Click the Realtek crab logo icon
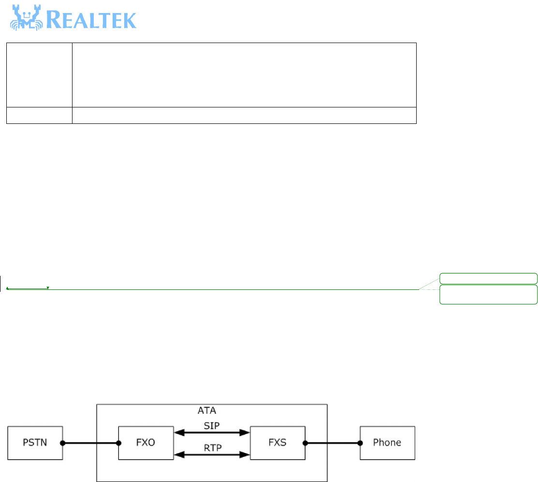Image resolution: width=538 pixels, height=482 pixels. [x=25, y=18]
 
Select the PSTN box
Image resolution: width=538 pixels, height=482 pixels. [x=34, y=443]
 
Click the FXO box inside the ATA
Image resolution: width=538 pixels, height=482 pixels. [x=146, y=443]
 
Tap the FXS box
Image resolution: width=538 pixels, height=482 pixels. [x=277, y=443]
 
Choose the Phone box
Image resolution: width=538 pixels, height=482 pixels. [x=387, y=443]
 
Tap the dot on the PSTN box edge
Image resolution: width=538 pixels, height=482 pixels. [x=62, y=443]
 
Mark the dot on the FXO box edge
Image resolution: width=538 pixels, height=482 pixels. [x=119, y=443]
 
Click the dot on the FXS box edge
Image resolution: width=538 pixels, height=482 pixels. [x=304, y=443]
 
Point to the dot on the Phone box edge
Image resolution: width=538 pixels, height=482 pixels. [x=360, y=443]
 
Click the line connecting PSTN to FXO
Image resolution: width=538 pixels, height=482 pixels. [x=90, y=443]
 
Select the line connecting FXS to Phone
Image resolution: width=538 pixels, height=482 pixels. [x=332, y=443]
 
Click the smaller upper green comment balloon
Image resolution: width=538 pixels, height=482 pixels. [x=488, y=278]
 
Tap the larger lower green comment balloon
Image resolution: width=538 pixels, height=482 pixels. [x=488, y=294]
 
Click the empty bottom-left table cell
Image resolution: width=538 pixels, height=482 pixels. [x=39, y=115]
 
